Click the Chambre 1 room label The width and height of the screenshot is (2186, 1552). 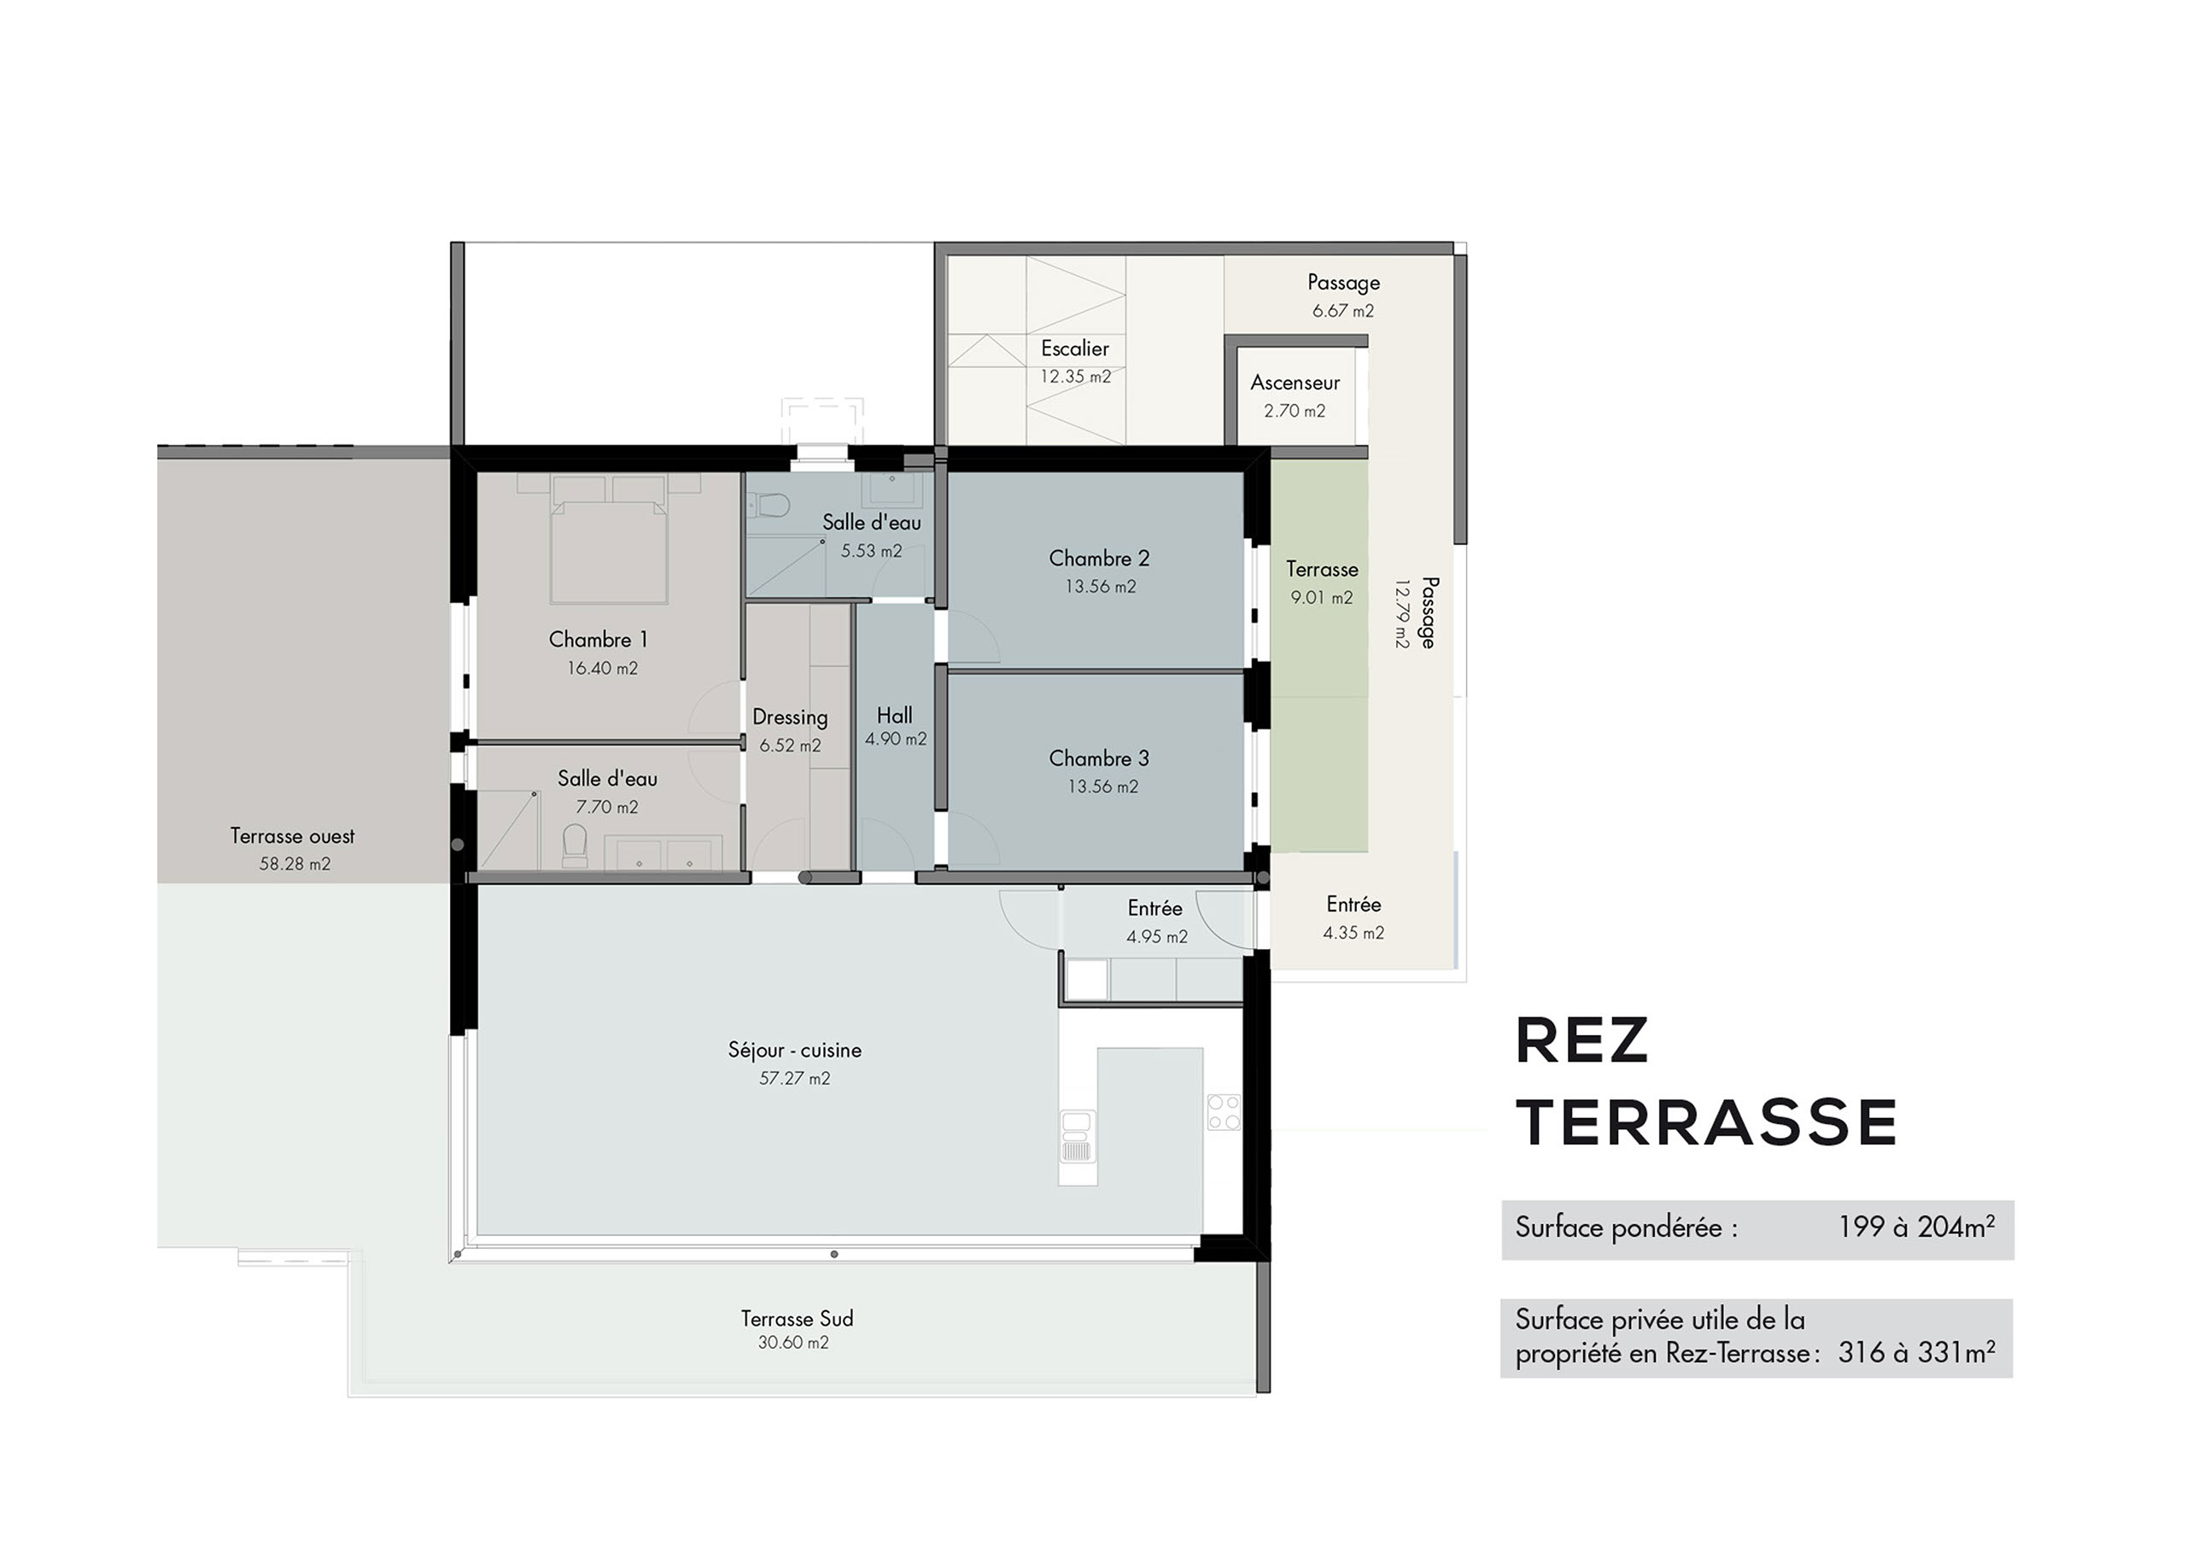click(x=598, y=640)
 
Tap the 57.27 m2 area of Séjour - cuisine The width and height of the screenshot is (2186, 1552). click(x=795, y=1079)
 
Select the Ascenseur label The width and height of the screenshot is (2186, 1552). click(x=1295, y=383)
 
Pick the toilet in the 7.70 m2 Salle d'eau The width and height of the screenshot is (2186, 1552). click(x=574, y=846)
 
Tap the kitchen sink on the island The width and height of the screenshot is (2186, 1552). click(x=1077, y=1135)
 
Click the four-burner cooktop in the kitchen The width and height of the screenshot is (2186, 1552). click(x=1224, y=1111)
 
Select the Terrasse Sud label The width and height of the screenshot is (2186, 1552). click(x=797, y=1319)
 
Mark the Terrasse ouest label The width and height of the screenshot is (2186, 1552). click(x=292, y=836)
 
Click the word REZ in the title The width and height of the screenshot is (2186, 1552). click(x=1581, y=1042)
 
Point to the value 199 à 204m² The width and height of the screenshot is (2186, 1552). click(x=1915, y=1227)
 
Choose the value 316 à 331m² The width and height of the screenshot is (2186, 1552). click(x=1915, y=1352)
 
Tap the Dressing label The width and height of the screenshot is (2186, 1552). click(x=790, y=717)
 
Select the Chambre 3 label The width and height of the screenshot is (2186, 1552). click(x=1099, y=758)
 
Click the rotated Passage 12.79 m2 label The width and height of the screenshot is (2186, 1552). click(x=1416, y=612)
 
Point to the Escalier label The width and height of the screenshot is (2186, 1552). click(x=1075, y=348)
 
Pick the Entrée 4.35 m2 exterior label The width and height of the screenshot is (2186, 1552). click(x=1353, y=918)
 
